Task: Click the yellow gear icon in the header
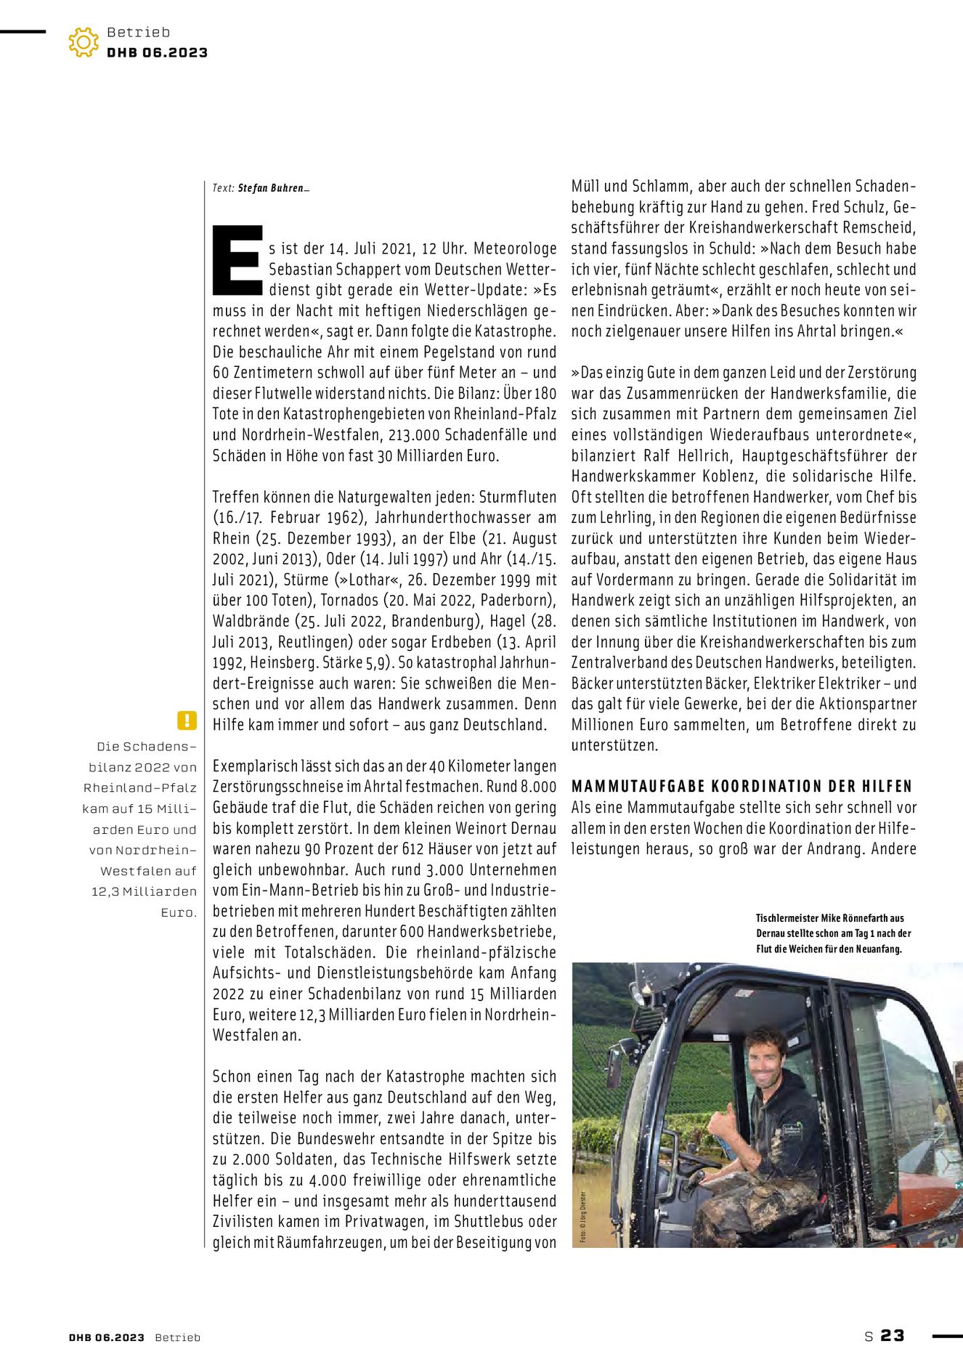pos(84,42)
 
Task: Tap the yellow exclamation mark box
pos(187,720)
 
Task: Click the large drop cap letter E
pos(237,260)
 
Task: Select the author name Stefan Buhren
pos(270,188)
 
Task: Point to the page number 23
pos(893,1335)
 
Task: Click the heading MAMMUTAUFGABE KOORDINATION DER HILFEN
pos(741,787)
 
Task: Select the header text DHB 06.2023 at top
pos(157,52)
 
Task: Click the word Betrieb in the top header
pos(138,32)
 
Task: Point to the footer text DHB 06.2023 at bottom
pos(107,1337)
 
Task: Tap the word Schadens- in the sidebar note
pos(147,747)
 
